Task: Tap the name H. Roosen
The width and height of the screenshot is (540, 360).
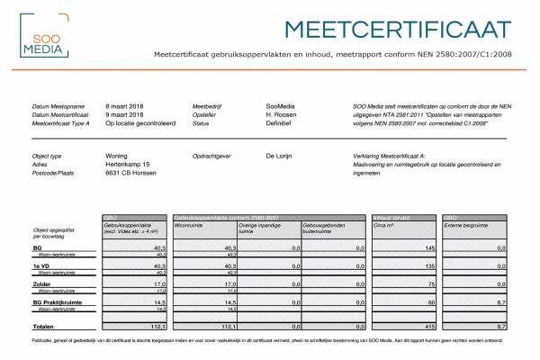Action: coord(282,114)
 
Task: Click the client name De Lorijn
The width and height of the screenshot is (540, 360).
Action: coord(282,156)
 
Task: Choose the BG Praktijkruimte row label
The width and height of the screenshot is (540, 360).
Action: coord(57,303)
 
